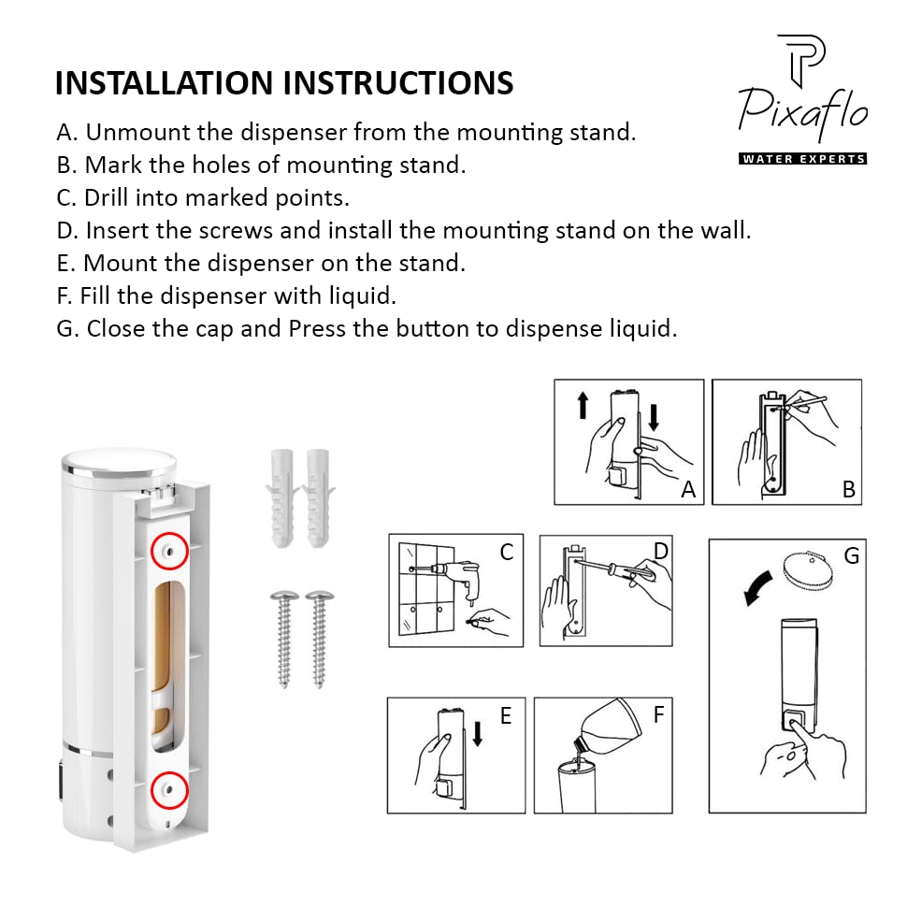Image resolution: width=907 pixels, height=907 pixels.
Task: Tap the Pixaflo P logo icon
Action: [801, 60]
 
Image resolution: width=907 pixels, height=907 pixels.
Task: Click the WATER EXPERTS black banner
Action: [803, 159]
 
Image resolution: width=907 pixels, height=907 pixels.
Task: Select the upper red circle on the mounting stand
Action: [169, 551]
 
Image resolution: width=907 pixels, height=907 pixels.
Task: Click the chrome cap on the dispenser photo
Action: [120, 462]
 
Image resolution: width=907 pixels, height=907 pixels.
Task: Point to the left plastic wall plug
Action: [282, 498]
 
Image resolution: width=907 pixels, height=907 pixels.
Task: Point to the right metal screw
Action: [319, 639]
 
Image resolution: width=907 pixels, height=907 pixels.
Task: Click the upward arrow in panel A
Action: [583, 405]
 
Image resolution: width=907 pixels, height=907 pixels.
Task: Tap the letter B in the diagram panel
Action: [849, 489]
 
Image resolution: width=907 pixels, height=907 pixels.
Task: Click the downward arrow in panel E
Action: [478, 733]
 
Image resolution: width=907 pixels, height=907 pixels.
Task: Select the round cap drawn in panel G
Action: [808, 569]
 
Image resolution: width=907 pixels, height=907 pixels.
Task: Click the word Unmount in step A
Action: [138, 133]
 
